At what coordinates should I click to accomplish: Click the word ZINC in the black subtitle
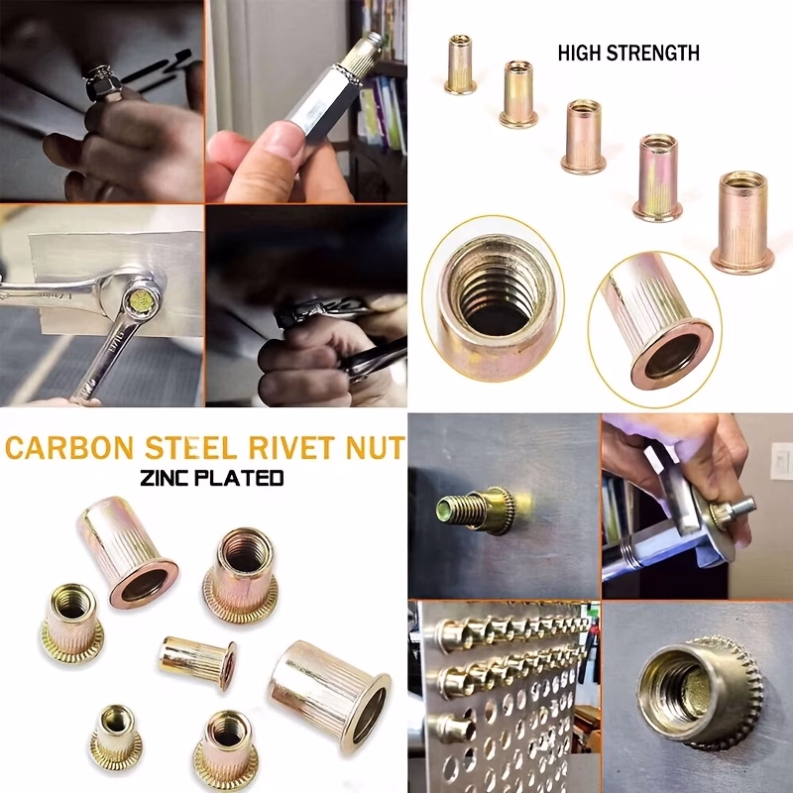(x=167, y=478)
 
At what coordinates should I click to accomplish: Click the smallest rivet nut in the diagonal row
(x=460, y=64)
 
